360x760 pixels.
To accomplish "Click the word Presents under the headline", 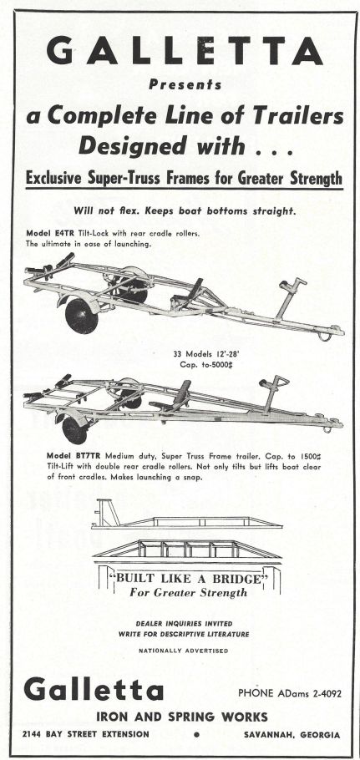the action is [185, 84].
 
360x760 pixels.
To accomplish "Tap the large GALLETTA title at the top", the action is [185, 51].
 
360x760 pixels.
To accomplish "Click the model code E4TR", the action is [64, 233].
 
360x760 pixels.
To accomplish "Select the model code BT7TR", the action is [88, 456].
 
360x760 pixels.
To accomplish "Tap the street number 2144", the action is [32, 734].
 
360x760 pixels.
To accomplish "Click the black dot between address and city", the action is [196, 735].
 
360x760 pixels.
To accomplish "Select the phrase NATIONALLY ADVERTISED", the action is [183, 651].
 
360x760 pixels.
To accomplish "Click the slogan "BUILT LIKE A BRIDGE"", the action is [189, 579].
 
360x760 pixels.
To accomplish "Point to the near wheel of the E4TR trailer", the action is [81, 316].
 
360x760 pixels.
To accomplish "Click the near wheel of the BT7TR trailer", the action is [74, 430].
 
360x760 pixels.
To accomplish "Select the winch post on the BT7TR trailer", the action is [272, 393].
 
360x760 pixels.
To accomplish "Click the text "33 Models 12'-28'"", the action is [197, 354].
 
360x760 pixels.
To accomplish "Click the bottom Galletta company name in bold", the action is [94, 689].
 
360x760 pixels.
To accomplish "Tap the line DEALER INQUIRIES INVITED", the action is [184, 623].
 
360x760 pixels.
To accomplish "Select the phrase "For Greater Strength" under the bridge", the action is [189, 592].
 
